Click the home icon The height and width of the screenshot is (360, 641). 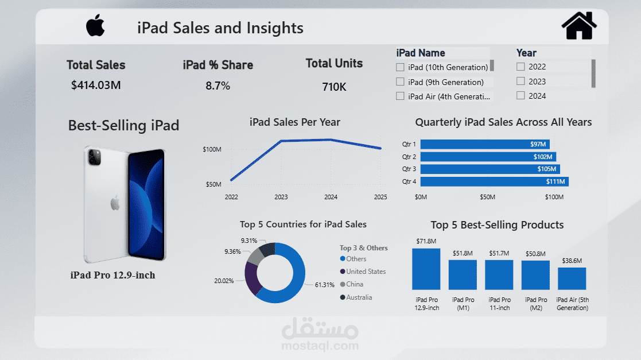578,26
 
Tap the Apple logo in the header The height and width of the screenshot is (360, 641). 95,26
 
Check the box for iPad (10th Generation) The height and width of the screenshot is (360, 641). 400,67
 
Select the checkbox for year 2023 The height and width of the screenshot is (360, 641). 520,82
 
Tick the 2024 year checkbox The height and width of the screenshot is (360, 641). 520,96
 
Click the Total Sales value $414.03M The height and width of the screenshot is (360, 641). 96,86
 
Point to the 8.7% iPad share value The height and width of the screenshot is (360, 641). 217,86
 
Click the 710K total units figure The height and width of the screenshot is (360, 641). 334,87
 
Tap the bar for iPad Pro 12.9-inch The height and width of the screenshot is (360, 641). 426,269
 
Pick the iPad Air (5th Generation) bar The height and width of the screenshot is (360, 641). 572,278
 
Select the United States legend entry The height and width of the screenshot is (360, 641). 366,272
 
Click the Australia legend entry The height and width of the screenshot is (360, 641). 359,297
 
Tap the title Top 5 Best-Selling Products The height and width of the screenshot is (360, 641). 497,225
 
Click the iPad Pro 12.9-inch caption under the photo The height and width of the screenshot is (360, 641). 112,276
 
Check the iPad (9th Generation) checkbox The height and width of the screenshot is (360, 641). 400,82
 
